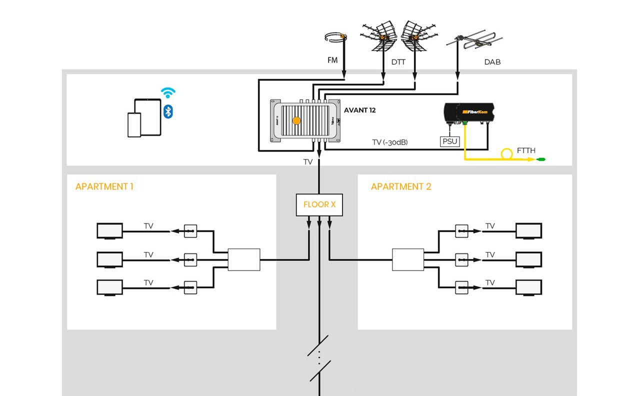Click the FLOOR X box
point(319,204)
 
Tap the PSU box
point(448,141)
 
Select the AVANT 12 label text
point(359,110)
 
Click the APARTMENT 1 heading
point(104,186)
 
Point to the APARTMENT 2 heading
point(400,186)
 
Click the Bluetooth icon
point(168,111)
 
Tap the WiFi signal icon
point(168,92)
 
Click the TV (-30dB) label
point(390,142)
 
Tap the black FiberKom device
point(469,113)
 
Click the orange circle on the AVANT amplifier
point(296,120)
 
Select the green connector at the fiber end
point(540,159)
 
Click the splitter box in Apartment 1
point(244,259)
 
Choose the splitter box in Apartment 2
point(407,259)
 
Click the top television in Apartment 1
point(109,231)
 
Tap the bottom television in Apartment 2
point(528,287)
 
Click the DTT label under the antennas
point(398,62)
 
